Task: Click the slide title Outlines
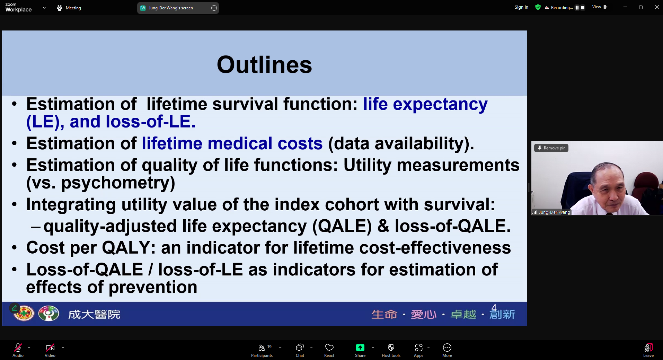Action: (x=264, y=65)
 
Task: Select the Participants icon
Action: (x=262, y=348)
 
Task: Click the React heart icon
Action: (x=329, y=348)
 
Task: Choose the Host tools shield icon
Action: (x=391, y=348)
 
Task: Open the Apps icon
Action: (x=418, y=348)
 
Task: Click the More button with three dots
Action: (x=447, y=348)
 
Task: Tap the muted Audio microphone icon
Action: (x=18, y=348)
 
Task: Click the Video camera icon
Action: (x=50, y=348)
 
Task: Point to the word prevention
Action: (x=153, y=288)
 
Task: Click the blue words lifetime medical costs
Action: (x=232, y=143)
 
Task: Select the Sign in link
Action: (x=521, y=7)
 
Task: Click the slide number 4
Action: (x=494, y=308)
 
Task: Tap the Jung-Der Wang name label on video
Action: (x=554, y=212)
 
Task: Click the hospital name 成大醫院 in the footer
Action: (x=94, y=314)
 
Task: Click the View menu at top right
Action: (x=600, y=7)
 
